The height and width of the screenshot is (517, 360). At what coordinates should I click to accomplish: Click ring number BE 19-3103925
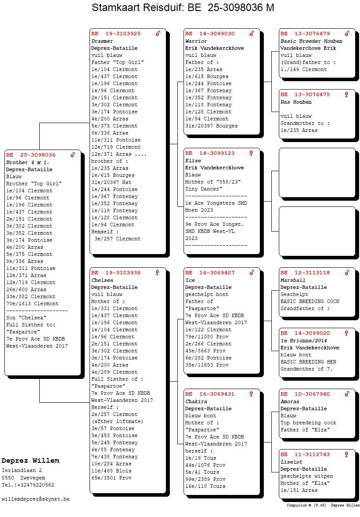116,34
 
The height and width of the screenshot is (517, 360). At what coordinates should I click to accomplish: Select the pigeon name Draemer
102,41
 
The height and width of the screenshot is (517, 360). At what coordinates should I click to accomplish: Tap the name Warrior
196,41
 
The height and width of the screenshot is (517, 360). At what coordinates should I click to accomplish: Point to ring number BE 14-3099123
210,153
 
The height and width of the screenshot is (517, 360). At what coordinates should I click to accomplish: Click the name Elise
194,161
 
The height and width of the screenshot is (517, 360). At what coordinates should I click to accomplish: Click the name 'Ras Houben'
296,102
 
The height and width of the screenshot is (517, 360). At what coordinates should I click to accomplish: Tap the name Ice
190,280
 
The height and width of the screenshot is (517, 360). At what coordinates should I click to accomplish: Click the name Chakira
196,401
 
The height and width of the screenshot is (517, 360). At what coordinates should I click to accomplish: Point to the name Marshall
293,280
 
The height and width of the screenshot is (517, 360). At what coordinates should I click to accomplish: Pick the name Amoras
290,401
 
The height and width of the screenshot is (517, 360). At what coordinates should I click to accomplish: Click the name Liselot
292,462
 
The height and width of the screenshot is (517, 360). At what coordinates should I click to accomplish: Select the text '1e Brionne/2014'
304,341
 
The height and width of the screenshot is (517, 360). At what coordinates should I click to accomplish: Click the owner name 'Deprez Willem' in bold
30,461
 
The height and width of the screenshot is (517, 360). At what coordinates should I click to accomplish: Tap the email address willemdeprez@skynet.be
36,499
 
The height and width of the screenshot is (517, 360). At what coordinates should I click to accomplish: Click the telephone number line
28,485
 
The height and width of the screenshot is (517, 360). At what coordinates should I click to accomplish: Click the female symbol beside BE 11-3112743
347,454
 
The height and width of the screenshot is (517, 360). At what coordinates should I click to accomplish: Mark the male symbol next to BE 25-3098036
73,155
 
